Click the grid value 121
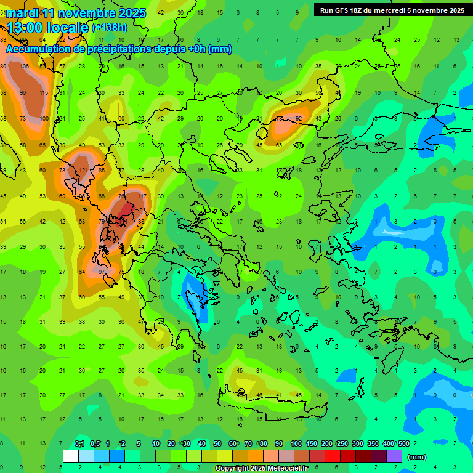point(83,171)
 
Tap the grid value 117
point(142,196)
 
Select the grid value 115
point(43,93)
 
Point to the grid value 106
point(24,67)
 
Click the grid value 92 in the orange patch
point(299,119)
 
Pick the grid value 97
point(102,272)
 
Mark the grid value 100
point(44,119)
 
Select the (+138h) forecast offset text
point(109,28)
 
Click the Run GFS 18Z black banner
point(392,10)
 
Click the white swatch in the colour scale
point(70,456)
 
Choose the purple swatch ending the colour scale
point(394,456)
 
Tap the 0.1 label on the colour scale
point(79,444)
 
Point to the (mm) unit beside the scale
point(417,457)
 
